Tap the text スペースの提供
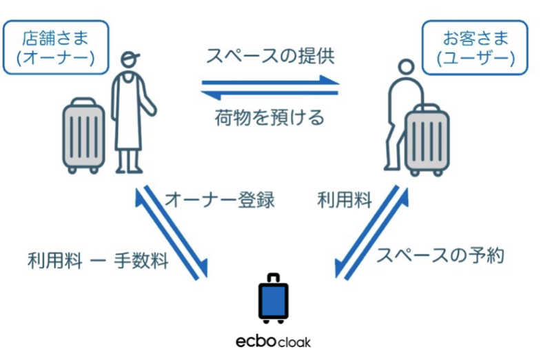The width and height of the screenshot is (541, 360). [270, 57]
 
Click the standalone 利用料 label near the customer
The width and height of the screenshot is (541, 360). [345, 201]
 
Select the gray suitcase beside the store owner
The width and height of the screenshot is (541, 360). [83, 136]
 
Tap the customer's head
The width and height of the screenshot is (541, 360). [405, 68]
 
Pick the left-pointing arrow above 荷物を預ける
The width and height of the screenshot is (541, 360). [271, 92]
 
